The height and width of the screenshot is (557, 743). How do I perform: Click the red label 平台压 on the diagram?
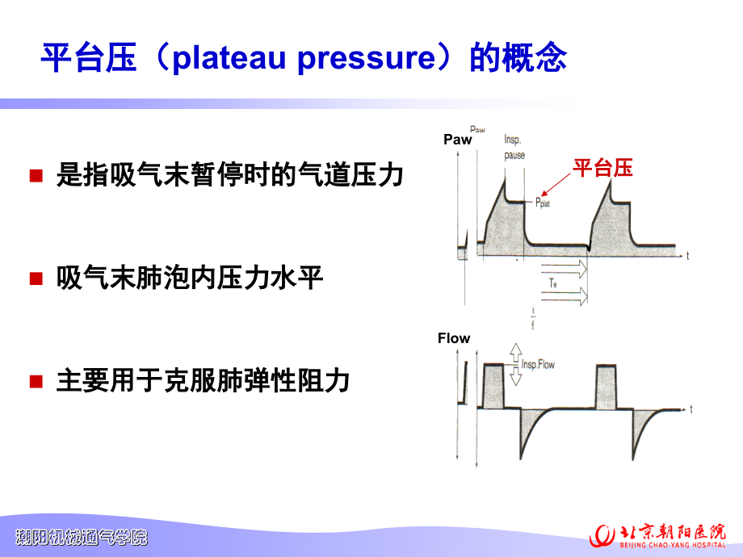(602, 168)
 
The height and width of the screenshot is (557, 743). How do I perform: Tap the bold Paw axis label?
(457, 140)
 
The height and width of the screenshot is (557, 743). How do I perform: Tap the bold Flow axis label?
(454, 338)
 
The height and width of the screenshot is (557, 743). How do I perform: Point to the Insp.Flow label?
(538, 365)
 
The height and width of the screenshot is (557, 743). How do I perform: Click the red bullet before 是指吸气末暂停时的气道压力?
(36, 176)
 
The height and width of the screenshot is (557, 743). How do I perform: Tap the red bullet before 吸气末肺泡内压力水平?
(36, 279)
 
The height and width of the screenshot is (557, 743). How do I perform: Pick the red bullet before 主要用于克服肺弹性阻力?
(36, 380)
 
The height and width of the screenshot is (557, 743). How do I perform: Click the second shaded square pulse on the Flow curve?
(607, 387)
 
